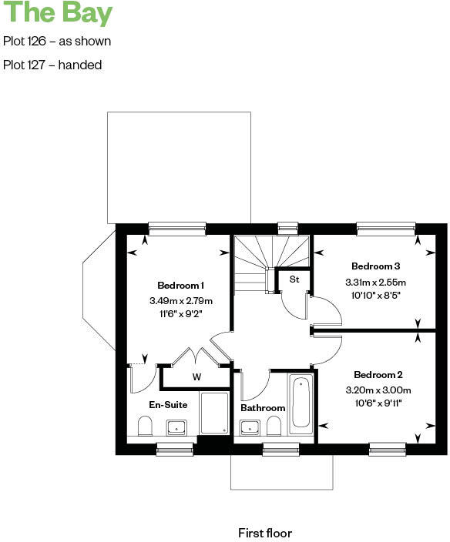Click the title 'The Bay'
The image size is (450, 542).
[x=57, y=13]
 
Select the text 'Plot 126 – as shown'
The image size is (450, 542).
[x=56, y=41]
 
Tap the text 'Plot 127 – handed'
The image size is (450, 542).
[x=52, y=65]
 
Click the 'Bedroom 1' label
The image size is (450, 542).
[x=180, y=284]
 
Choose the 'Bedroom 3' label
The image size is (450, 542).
[x=376, y=266]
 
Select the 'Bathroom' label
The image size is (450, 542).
[x=263, y=408]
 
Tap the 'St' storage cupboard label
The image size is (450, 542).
[x=294, y=279]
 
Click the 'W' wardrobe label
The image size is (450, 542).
[x=196, y=377]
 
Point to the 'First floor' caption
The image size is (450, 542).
[x=265, y=533]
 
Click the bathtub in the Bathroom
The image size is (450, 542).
[x=301, y=402]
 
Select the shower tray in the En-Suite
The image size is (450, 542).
[x=214, y=413]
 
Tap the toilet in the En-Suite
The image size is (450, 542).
[x=144, y=427]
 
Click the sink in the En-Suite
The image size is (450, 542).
[x=176, y=427]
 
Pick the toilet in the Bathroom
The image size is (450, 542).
[x=274, y=427]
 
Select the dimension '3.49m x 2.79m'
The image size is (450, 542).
[x=180, y=300]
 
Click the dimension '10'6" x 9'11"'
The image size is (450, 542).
[x=377, y=403]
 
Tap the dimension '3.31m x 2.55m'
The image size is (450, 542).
[x=376, y=282]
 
